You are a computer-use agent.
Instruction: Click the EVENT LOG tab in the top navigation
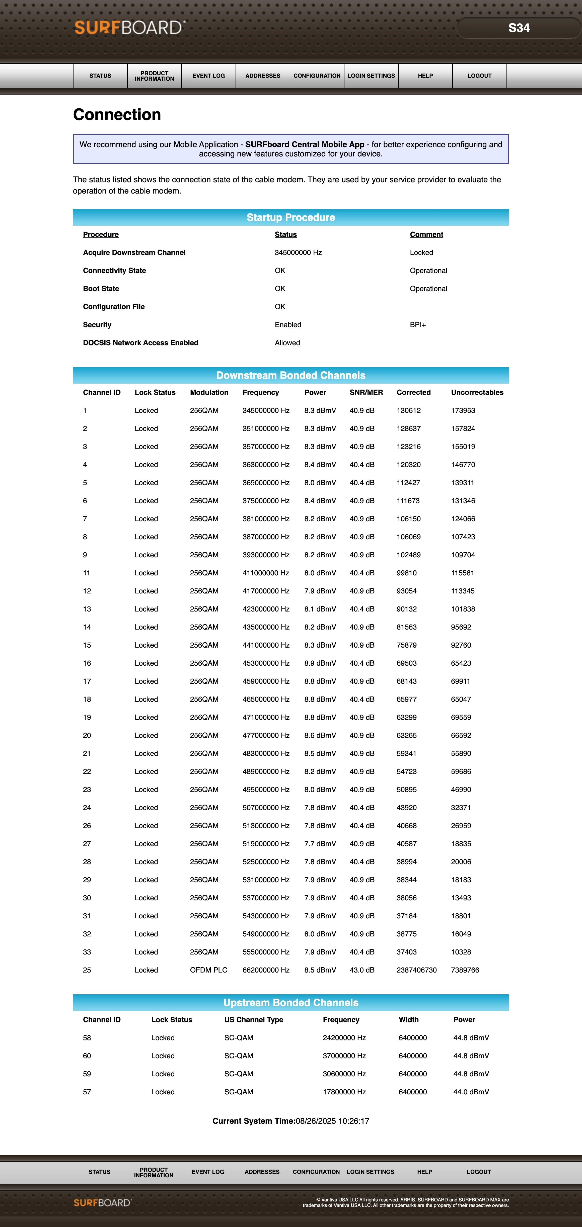pyautogui.click(x=208, y=76)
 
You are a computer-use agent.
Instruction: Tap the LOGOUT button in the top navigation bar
pyautogui.click(x=479, y=76)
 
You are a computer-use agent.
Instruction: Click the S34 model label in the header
pyautogui.click(x=519, y=28)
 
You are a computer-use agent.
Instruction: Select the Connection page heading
pyautogui.click(x=117, y=115)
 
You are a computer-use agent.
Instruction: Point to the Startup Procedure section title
pyautogui.click(x=291, y=217)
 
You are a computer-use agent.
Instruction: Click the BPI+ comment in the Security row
pyautogui.click(x=417, y=325)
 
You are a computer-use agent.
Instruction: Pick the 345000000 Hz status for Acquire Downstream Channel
pyautogui.click(x=298, y=252)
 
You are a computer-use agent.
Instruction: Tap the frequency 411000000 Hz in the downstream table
pyautogui.click(x=265, y=573)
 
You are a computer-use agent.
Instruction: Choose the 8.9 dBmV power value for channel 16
pyautogui.click(x=320, y=663)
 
